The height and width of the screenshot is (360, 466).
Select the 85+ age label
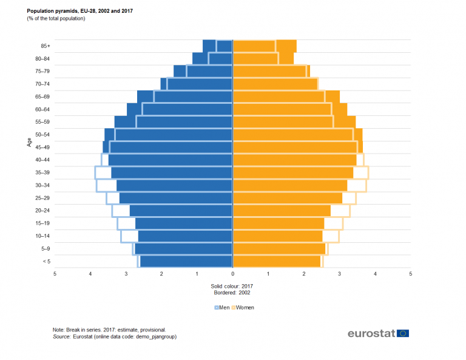click(x=44, y=46)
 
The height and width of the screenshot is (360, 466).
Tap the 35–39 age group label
click(x=42, y=172)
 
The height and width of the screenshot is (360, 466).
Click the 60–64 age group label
click(x=42, y=109)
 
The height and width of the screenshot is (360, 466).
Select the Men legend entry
click(x=221, y=307)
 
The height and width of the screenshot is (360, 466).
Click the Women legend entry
click(x=243, y=307)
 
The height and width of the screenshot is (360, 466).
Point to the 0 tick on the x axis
click(x=233, y=274)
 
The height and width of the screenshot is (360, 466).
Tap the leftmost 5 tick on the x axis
click(x=55, y=274)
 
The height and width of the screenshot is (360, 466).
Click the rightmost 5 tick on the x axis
click(x=411, y=274)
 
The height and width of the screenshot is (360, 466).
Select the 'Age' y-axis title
click(x=29, y=142)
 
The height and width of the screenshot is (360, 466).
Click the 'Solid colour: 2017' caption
click(x=233, y=286)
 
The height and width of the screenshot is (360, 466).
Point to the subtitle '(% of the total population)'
click(x=56, y=19)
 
